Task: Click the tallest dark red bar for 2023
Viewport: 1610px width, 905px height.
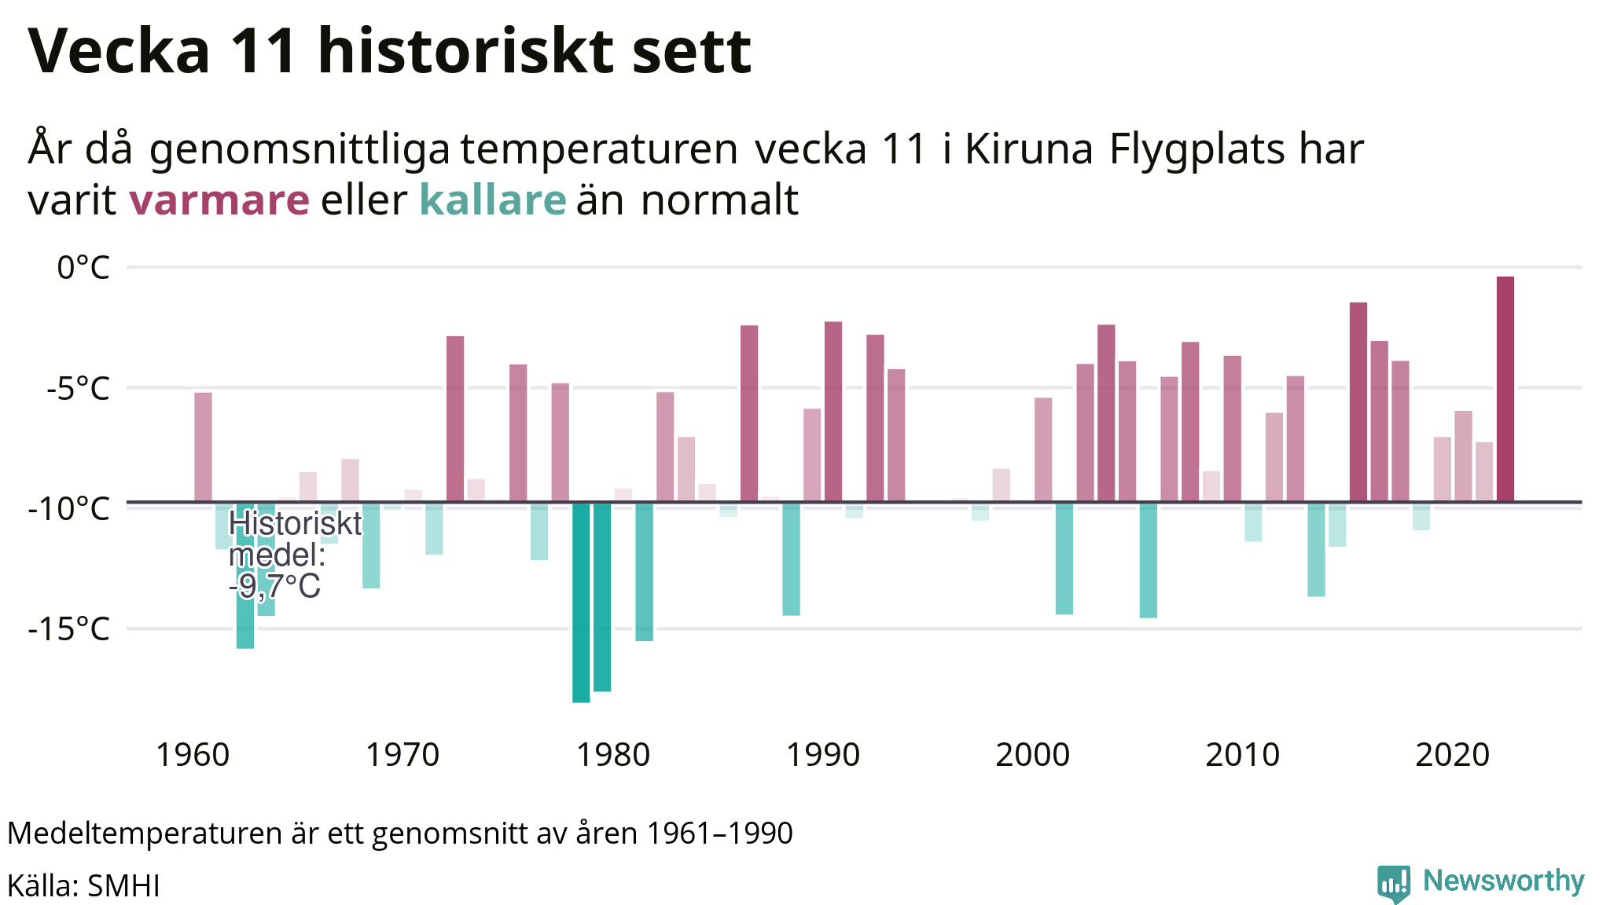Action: coord(1505,389)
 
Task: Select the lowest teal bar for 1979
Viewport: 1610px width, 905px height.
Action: coord(581,602)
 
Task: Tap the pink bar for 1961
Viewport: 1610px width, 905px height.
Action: coord(203,447)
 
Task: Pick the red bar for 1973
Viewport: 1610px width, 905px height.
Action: coord(455,419)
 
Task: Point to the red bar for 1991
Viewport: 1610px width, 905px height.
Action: coord(833,412)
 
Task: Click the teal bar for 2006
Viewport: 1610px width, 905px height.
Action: coord(1148,560)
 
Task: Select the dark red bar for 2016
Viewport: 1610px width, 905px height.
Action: coord(1358,402)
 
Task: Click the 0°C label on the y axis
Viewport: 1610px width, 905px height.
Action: coord(83,268)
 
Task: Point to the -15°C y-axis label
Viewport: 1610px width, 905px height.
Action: coord(69,629)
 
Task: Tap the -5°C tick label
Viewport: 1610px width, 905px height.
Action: coord(77,388)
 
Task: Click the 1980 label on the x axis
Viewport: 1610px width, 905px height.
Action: coord(612,755)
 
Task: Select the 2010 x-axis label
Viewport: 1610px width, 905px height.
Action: coord(1242,755)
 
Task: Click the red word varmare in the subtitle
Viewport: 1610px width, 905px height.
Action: coord(219,200)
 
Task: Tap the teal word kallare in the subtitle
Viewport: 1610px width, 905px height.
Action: coord(492,200)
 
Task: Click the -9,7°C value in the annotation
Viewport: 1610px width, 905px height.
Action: coord(274,586)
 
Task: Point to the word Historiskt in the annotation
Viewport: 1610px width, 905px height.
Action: coord(295,523)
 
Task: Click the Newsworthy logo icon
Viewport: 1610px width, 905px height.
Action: coord(1393,884)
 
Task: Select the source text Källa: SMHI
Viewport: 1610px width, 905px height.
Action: coord(83,885)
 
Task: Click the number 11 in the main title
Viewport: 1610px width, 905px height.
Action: coord(264,51)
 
